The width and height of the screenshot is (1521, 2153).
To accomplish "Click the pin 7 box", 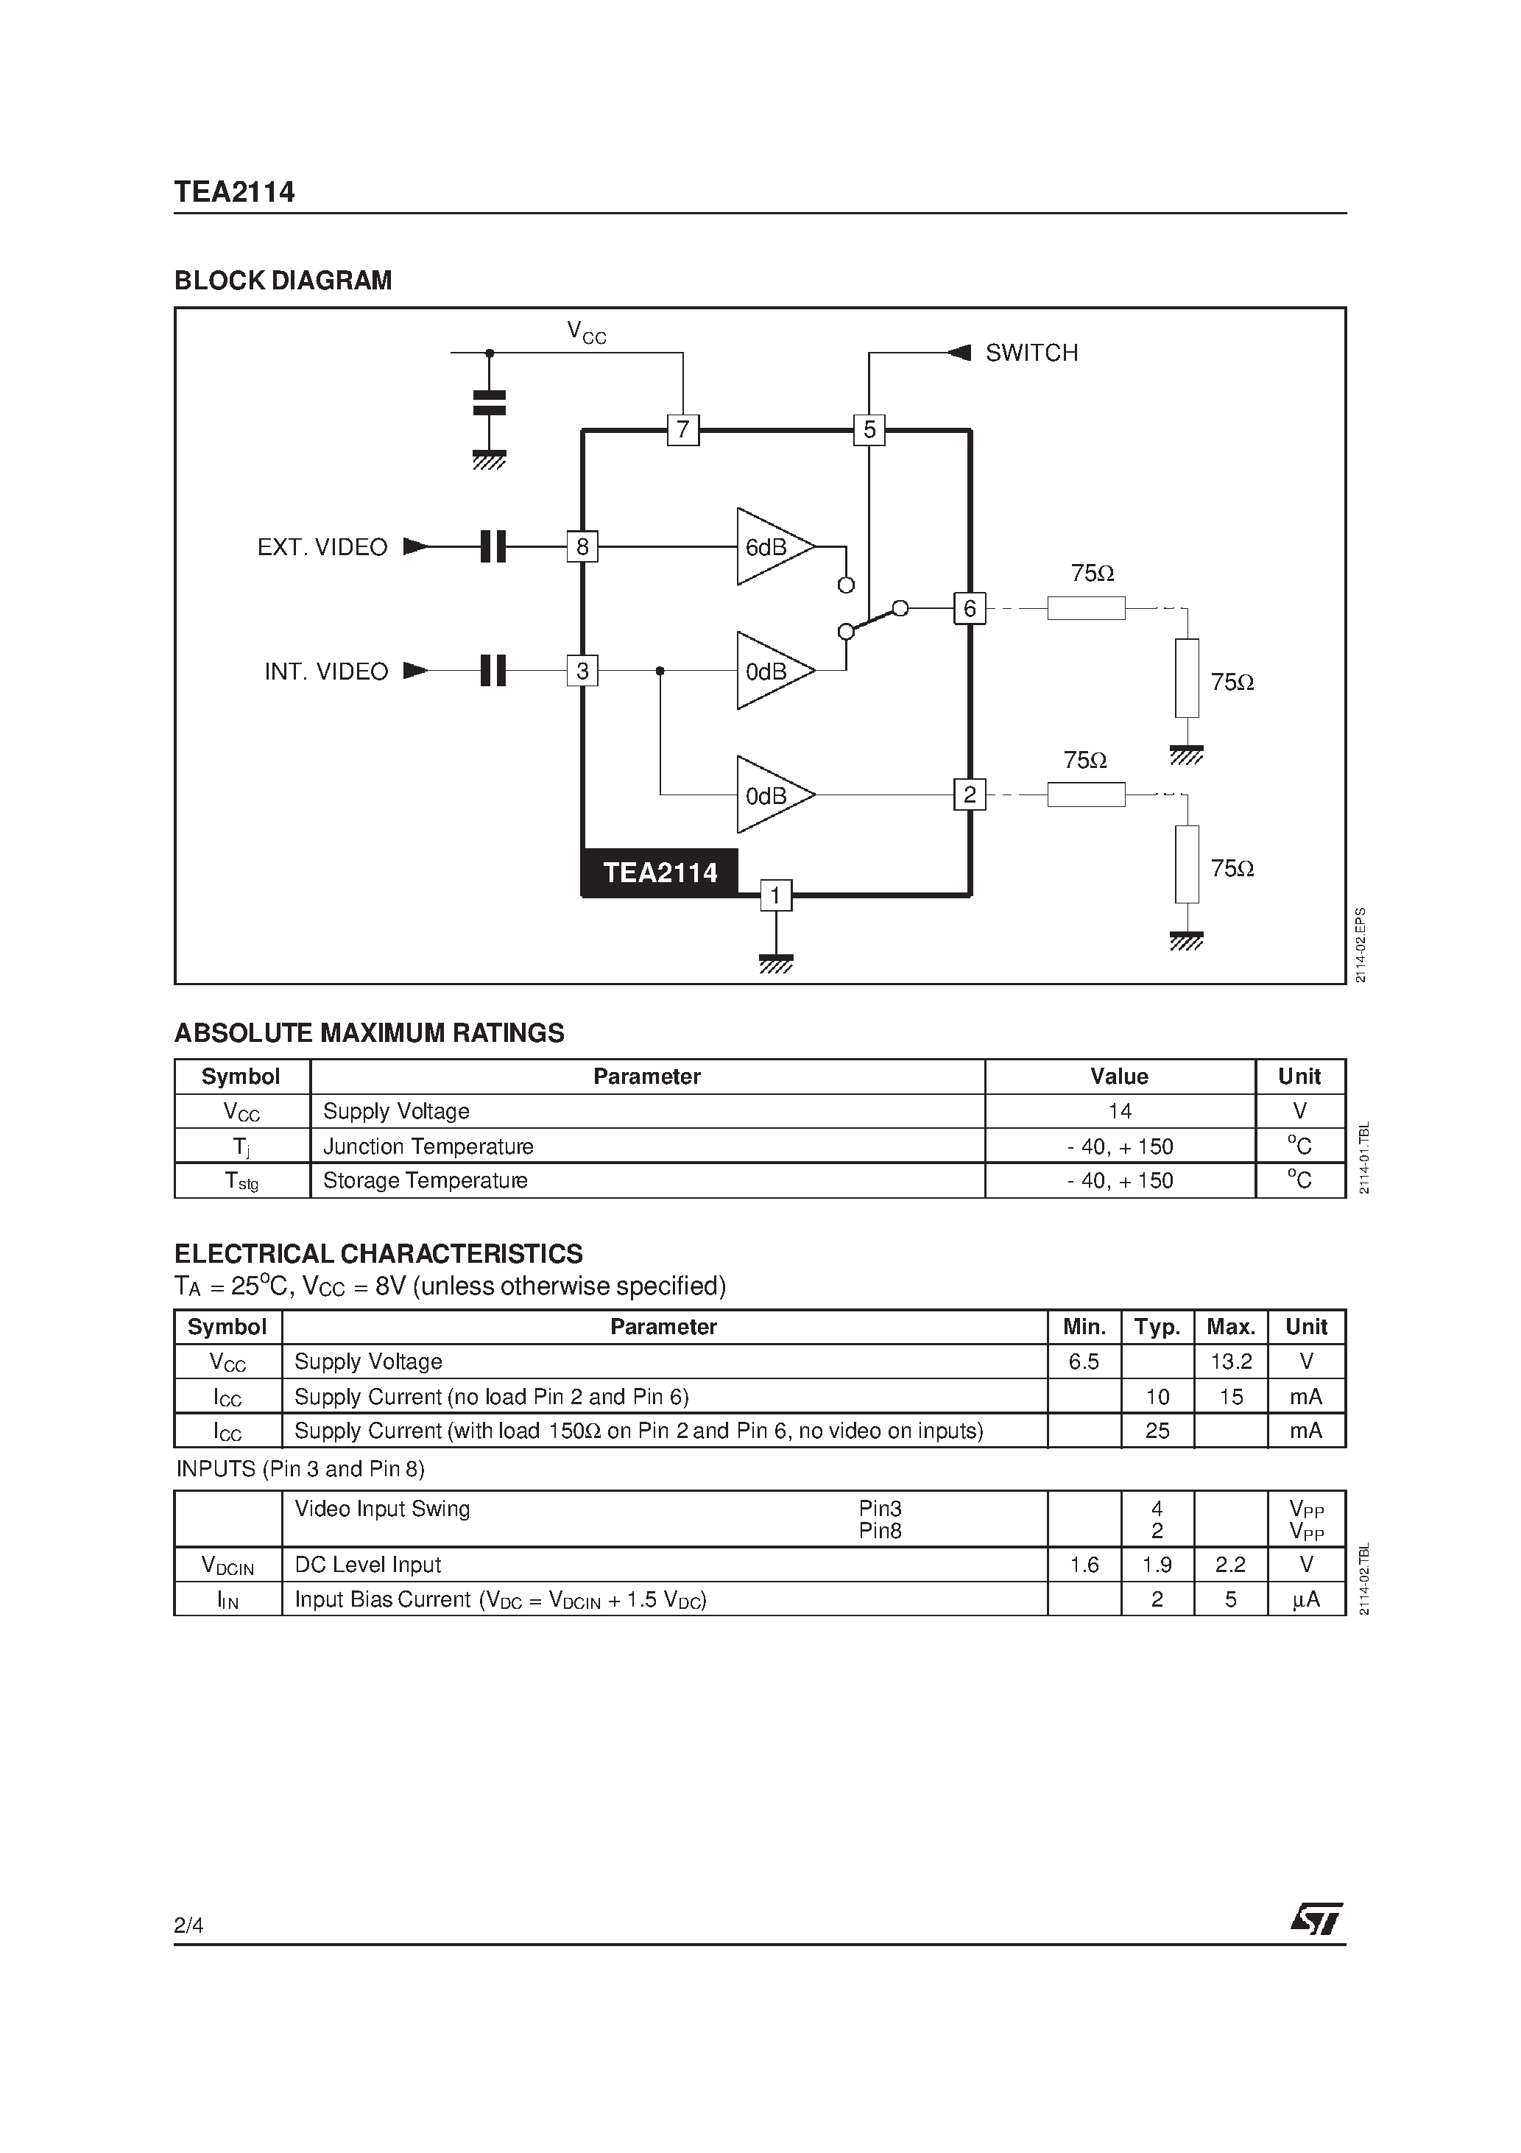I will pos(682,431).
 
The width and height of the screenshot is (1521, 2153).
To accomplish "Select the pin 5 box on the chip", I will pos(869,431).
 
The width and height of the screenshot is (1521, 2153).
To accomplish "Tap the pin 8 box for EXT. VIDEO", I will pos(582,546).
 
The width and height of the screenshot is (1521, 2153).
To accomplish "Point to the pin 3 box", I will pos(582,672).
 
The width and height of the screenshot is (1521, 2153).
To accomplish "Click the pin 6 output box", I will pos(970,609).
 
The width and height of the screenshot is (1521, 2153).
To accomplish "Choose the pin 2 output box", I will pos(970,795).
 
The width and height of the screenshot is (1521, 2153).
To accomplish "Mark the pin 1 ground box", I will pos(775,896).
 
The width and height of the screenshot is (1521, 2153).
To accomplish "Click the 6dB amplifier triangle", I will pos(771,546).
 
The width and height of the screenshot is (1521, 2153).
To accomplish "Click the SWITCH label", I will pos(1031,353).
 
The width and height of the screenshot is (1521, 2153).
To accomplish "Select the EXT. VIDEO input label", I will pos(322,548).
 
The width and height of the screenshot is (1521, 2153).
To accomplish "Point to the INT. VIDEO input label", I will pos(325,672).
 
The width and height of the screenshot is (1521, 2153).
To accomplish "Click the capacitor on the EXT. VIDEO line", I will pos(493,546).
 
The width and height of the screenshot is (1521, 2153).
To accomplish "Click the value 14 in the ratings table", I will pos(1120,1111).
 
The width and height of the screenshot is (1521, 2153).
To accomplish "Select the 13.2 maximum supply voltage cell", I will pos(1230,1361).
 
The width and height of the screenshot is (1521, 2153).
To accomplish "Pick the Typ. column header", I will pos(1157,1327).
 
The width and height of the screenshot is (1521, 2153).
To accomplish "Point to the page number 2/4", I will pos(188,1925).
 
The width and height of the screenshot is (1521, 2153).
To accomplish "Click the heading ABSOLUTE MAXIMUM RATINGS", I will pos(370,1033).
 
